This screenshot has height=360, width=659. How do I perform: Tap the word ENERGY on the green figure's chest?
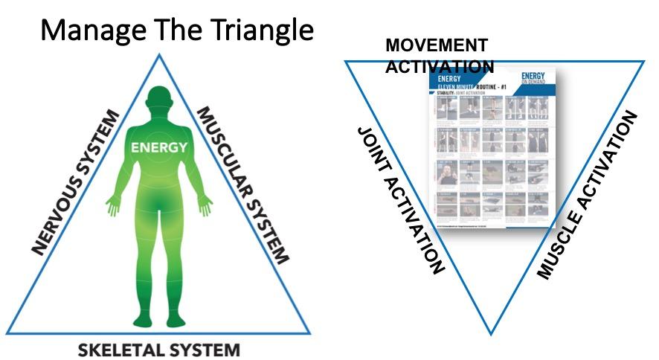pyautogui.click(x=159, y=148)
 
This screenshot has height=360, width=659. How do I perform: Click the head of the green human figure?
pyautogui.click(x=158, y=102)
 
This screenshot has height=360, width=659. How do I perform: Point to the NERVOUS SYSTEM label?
pyautogui.click(x=74, y=181)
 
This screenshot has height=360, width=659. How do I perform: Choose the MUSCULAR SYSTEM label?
pyautogui.click(x=242, y=185)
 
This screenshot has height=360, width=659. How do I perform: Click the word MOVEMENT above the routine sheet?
pyautogui.click(x=437, y=46)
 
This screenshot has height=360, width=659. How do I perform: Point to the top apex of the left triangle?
pyautogui.click(x=158, y=54)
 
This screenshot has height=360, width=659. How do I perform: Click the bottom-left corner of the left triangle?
pyautogui.click(x=8, y=334)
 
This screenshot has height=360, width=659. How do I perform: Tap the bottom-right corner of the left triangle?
pyautogui.click(x=309, y=334)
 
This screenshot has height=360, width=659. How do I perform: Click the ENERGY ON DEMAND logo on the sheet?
pyautogui.click(x=533, y=78)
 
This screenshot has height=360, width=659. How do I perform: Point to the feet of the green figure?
pyautogui.click(x=158, y=322)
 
